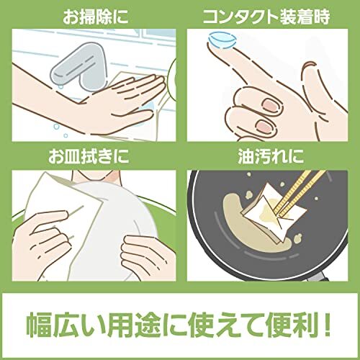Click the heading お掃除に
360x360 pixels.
point(96,17)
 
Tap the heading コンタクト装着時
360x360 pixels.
point(266,17)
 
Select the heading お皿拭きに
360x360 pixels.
point(89,156)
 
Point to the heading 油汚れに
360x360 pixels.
point(271,156)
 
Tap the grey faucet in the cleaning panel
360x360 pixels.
point(79,66)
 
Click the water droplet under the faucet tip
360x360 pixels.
point(62,85)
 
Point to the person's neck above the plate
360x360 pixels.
point(96,177)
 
